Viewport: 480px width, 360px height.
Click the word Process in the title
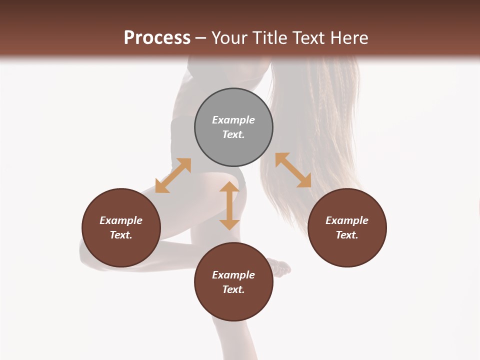point(157,38)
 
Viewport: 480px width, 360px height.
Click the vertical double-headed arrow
point(229,205)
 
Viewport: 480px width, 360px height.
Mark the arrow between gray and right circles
point(293,170)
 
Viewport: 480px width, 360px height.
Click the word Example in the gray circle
point(233,120)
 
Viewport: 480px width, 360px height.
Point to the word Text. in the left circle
point(121,235)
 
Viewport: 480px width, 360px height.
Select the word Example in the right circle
point(347,220)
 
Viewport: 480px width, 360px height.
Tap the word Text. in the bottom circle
point(233,289)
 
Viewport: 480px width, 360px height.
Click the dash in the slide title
point(201,38)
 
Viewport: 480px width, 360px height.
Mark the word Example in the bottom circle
point(233,275)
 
